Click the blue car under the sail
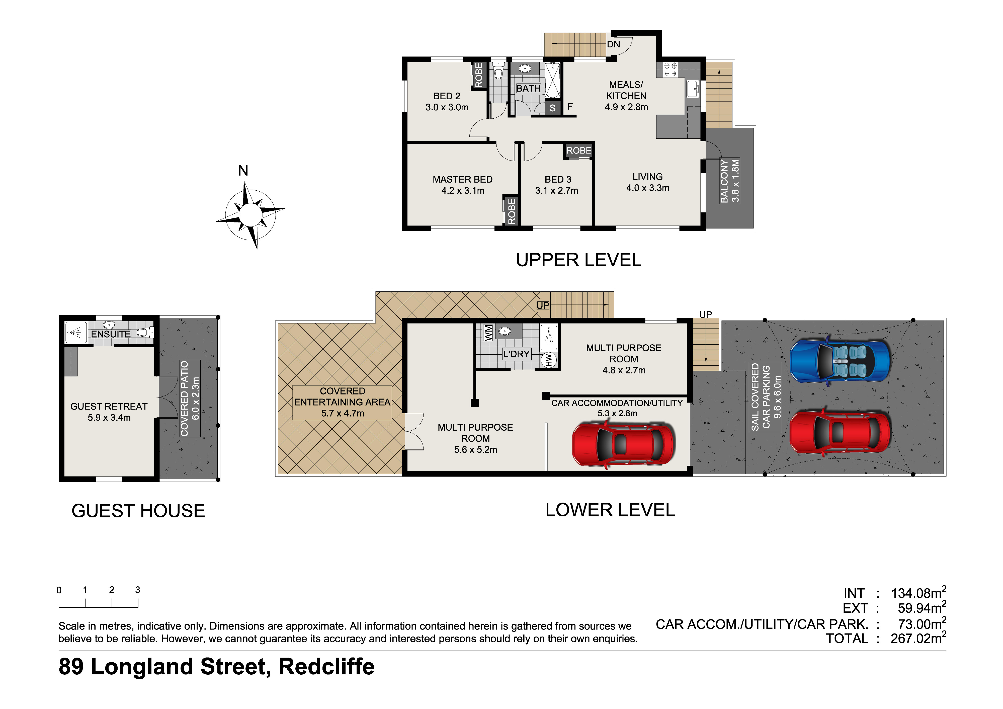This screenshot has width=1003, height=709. [x=840, y=360]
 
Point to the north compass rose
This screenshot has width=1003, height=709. [x=250, y=214]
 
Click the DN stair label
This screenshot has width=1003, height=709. [x=613, y=44]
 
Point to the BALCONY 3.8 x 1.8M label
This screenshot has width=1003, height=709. [x=729, y=181]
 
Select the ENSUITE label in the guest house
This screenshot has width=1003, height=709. [x=111, y=334]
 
